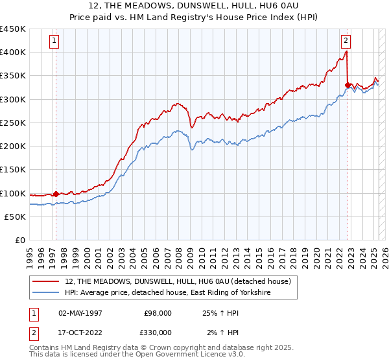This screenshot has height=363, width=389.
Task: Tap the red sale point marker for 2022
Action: point(348,84)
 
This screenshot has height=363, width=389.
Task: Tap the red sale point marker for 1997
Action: point(56,193)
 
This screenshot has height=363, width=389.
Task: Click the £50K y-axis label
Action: point(16,217)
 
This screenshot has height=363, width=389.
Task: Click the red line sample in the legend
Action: point(46,281)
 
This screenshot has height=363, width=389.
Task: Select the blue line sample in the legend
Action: point(46,293)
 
